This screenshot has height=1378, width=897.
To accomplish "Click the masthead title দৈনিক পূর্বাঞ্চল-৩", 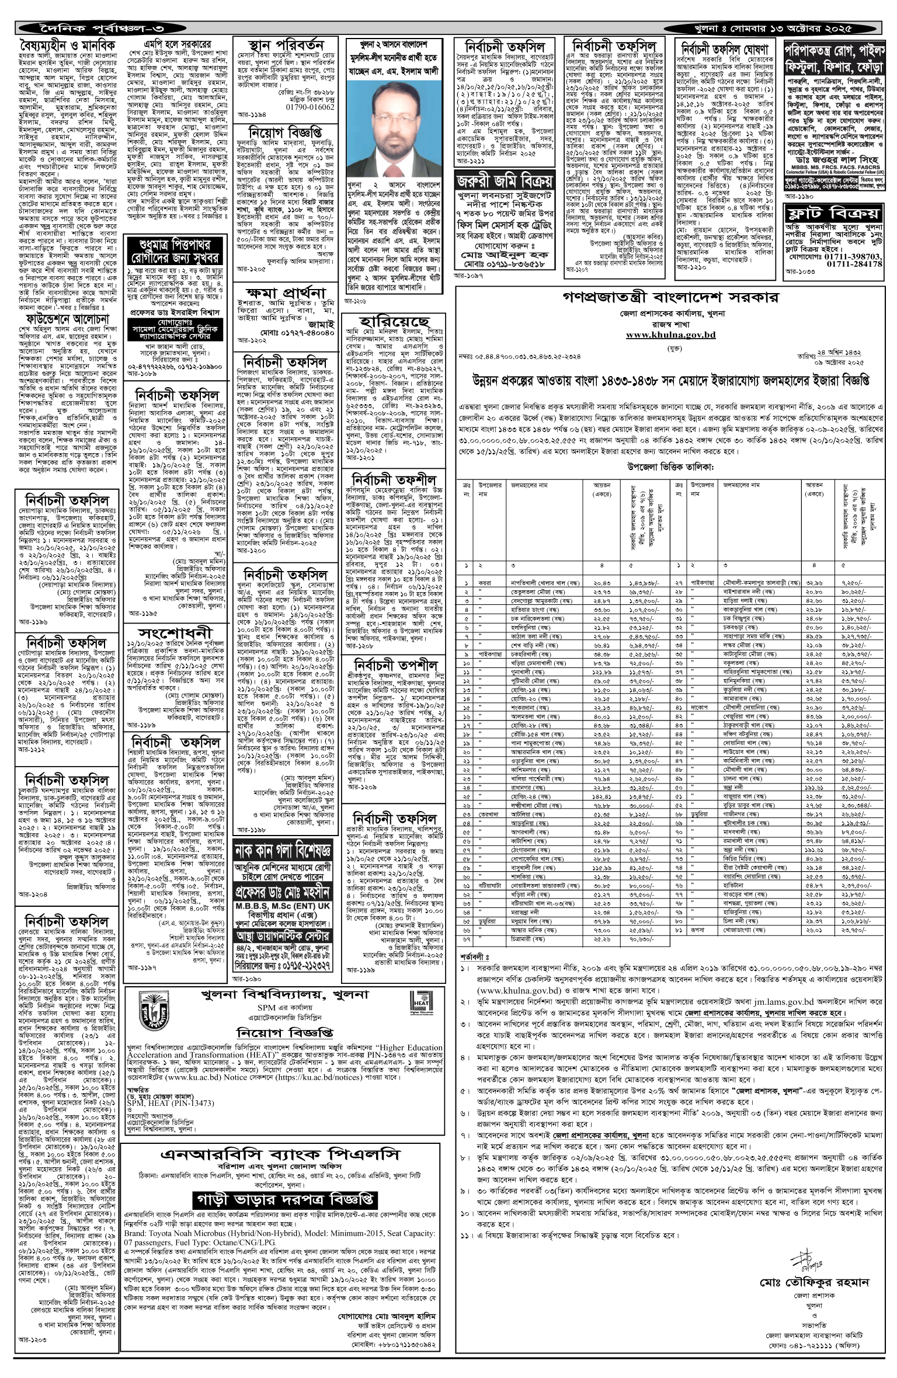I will pos(93,27).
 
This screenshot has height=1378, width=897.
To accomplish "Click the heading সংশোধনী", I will pos(175,634).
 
